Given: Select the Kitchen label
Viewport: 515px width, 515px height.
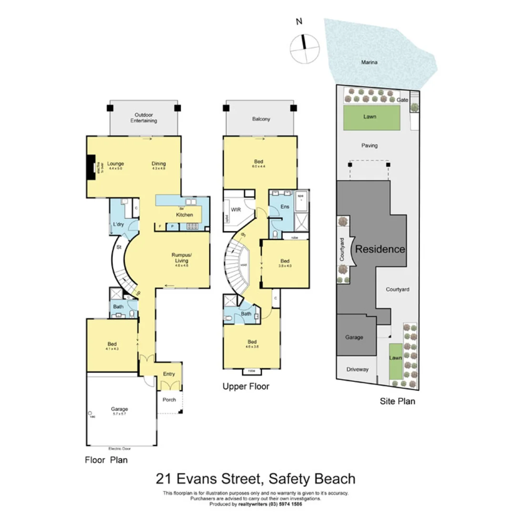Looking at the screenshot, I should point(184,215).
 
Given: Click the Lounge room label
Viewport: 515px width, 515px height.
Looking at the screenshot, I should point(115,164).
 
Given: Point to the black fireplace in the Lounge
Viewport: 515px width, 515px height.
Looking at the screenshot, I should point(91,167).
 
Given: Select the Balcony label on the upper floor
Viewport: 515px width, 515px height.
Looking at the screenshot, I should point(261,119).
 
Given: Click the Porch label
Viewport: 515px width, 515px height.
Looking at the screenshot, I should point(169,400).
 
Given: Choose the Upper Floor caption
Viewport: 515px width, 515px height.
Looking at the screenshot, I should point(246,387).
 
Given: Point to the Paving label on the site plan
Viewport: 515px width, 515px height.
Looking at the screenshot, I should point(370,145).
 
